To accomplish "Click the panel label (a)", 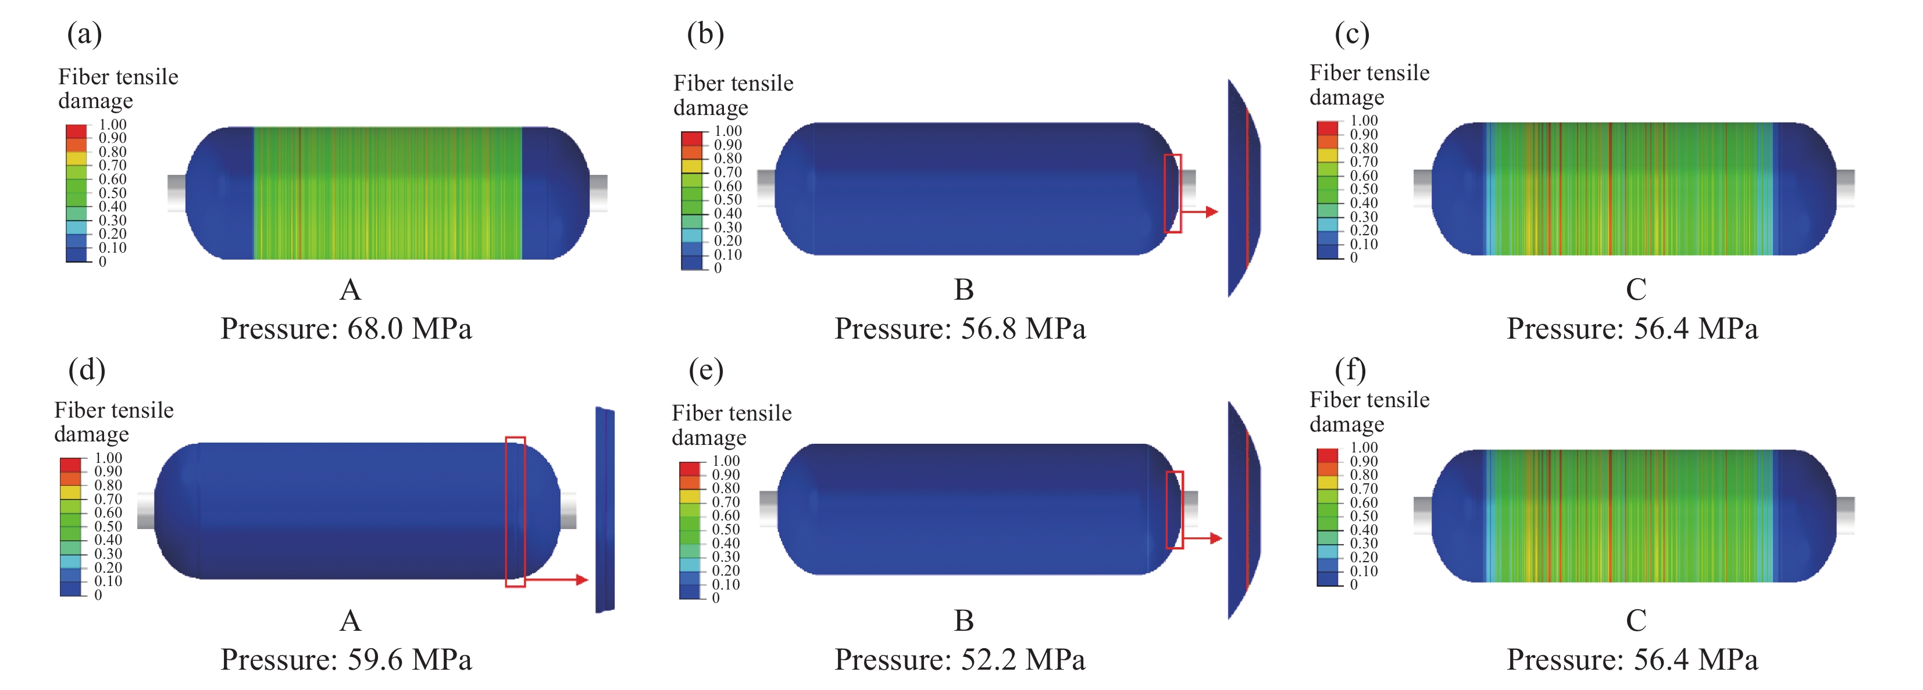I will coord(84,34).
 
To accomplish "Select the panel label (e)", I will coord(705,370).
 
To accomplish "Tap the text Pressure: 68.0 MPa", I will coord(347,329).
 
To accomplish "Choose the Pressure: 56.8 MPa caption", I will coord(960,329).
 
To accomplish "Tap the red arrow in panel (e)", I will coord(1203,538).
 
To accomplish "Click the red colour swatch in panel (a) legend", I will coord(76,131).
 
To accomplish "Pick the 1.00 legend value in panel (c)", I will coord(1364,120).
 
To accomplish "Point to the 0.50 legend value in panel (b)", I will coord(728,200).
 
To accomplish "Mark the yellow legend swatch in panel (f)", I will coord(1328,483).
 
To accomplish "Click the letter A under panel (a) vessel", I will coord(350,289).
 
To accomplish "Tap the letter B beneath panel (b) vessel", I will coord(964,289).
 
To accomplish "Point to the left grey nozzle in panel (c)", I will coord(1422,188).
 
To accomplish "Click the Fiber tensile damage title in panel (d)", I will coord(113,422).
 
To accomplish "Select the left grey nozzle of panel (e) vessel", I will coord(768,509).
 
